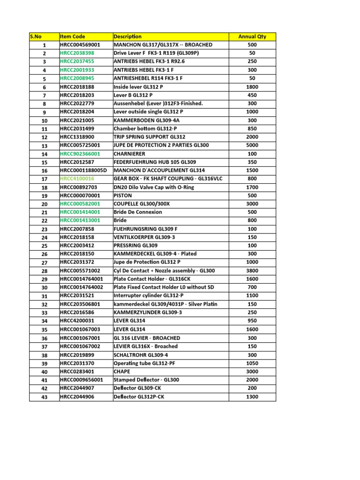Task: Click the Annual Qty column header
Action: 252,37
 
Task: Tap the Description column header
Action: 127,37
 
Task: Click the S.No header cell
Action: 36,37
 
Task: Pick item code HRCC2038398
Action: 77,53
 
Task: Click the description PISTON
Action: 123,195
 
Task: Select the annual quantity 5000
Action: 252,145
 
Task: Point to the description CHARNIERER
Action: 129,154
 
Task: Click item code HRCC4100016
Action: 77,179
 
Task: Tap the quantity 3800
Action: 252,271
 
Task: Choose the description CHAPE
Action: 122,372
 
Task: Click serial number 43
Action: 45,397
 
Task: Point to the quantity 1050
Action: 252,363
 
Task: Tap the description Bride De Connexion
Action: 138,212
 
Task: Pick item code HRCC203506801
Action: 80,304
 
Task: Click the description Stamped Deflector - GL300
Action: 146,380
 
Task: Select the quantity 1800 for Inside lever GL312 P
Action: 252,87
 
